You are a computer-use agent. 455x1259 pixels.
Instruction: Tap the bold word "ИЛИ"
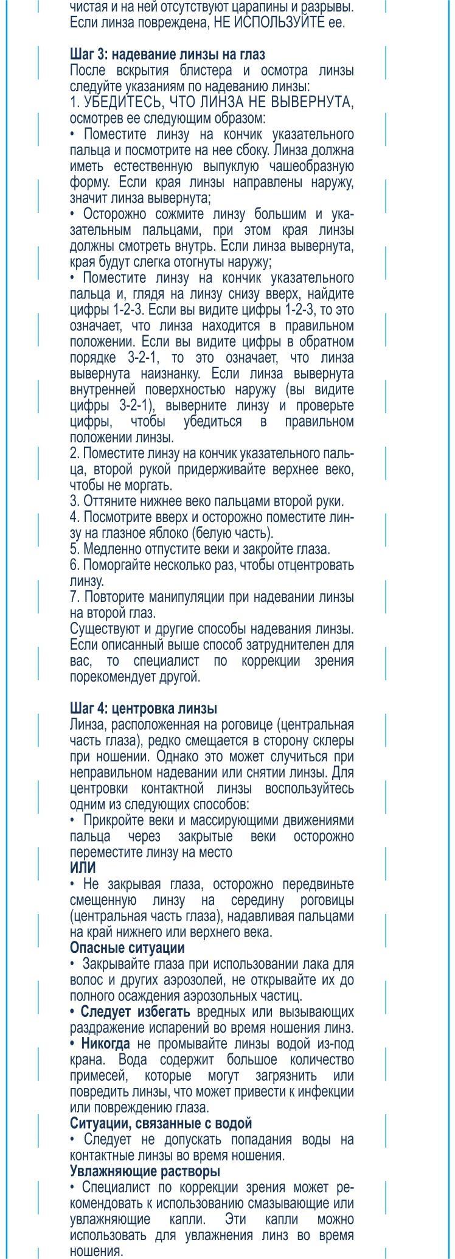pos(83,868)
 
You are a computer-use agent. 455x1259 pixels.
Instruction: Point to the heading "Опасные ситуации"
pos(127,947)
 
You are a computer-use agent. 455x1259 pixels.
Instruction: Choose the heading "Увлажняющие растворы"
pos(145,1171)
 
